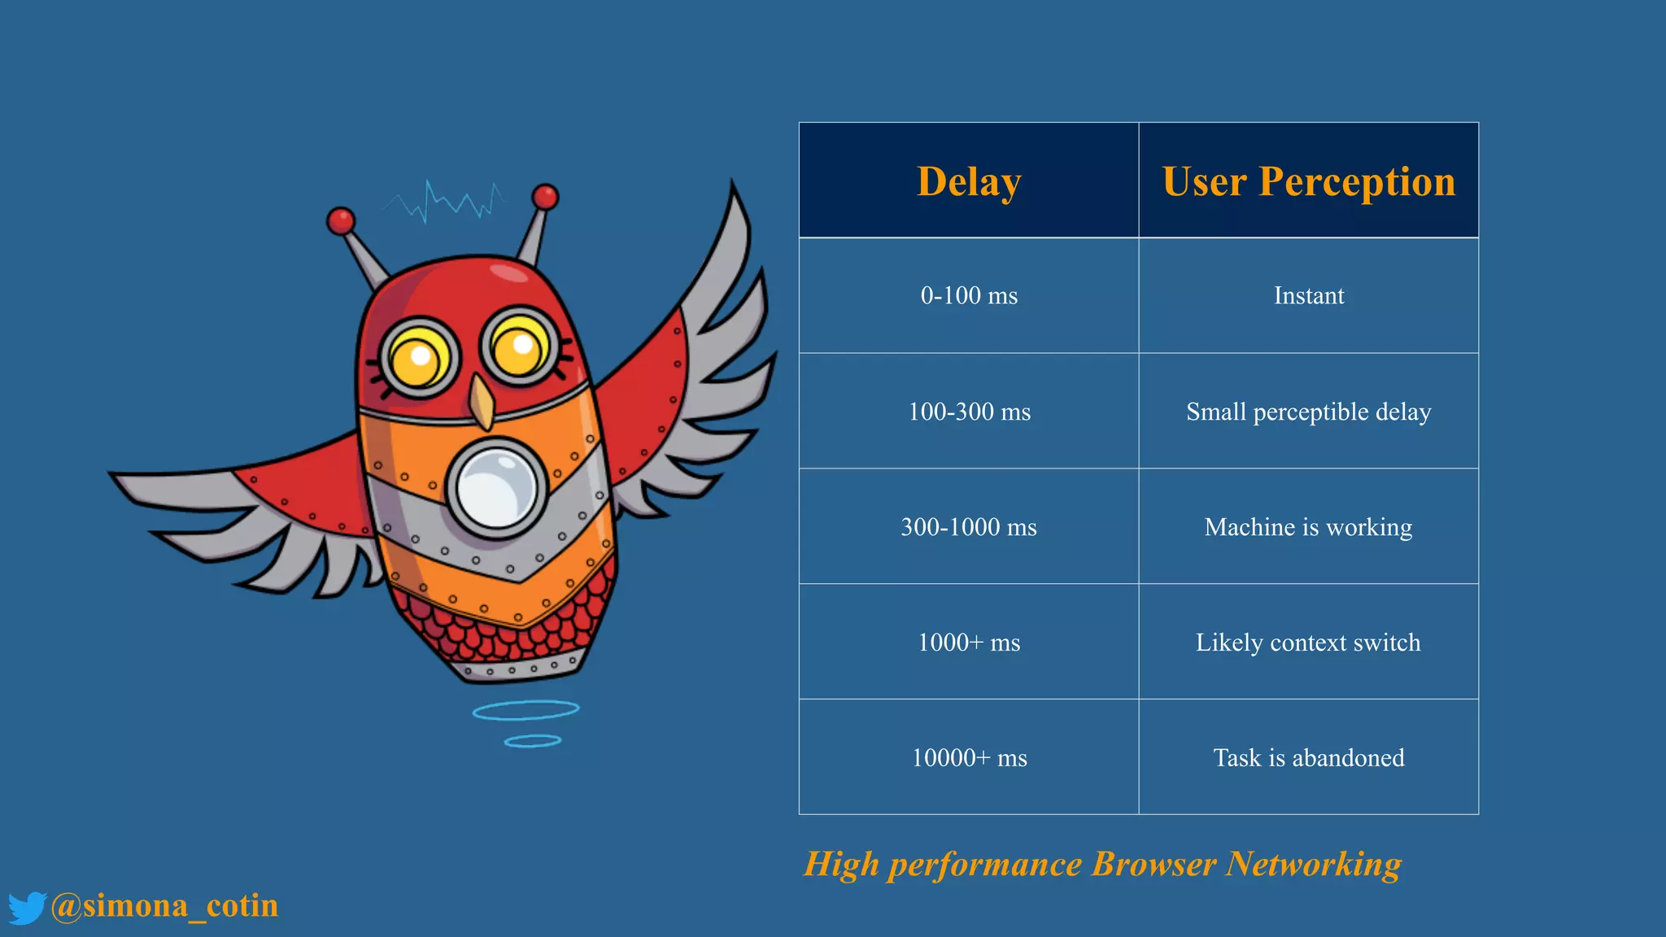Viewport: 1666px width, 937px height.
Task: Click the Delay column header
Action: pyautogui.click(x=969, y=181)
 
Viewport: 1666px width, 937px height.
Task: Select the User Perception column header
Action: pyautogui.click(x=1308, y=181)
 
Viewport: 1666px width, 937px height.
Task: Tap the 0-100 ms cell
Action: pyautogui.click(x=969, y=295)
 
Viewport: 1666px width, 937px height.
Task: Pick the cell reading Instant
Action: pyautogui.click(x=1308, y=295)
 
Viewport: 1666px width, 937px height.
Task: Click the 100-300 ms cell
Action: pyautogui.click(x=969, y=412)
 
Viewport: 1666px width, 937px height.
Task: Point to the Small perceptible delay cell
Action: pyautogui.click(x=1308, y=412)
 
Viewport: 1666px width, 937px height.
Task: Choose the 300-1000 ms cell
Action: pyautogui.click(x=969, y=527)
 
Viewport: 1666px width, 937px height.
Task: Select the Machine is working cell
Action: pyautogui.click(x=1308, y=527)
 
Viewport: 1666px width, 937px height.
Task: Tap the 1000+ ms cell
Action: pyautogui.click(x=969, y=643)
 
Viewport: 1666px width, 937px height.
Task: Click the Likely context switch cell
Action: pyautogui.click(x=1308, y=643)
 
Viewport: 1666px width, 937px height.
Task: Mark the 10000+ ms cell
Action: pyautogui.click(x=969, y=758)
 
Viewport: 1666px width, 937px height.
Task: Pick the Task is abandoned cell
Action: pyautogui.click(x=1308, y=758)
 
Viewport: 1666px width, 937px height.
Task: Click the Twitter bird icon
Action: pyautogui.click(x=27, y=908)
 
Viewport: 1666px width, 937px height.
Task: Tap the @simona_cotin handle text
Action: pyautogui.click(x=164, y=906)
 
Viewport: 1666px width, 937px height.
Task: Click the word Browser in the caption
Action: pyautogui.click(x=1154, y=865)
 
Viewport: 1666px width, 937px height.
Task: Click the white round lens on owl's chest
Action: pyautogui.click(x=495, y=489)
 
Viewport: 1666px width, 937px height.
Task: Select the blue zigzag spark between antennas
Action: pyautogui.click(x=447, y=201)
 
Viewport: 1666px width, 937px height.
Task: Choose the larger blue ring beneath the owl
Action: pyautogui.click(x=526, y=710)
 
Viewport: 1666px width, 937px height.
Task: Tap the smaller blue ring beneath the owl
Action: pyautogui.click(x=532, y=741)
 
